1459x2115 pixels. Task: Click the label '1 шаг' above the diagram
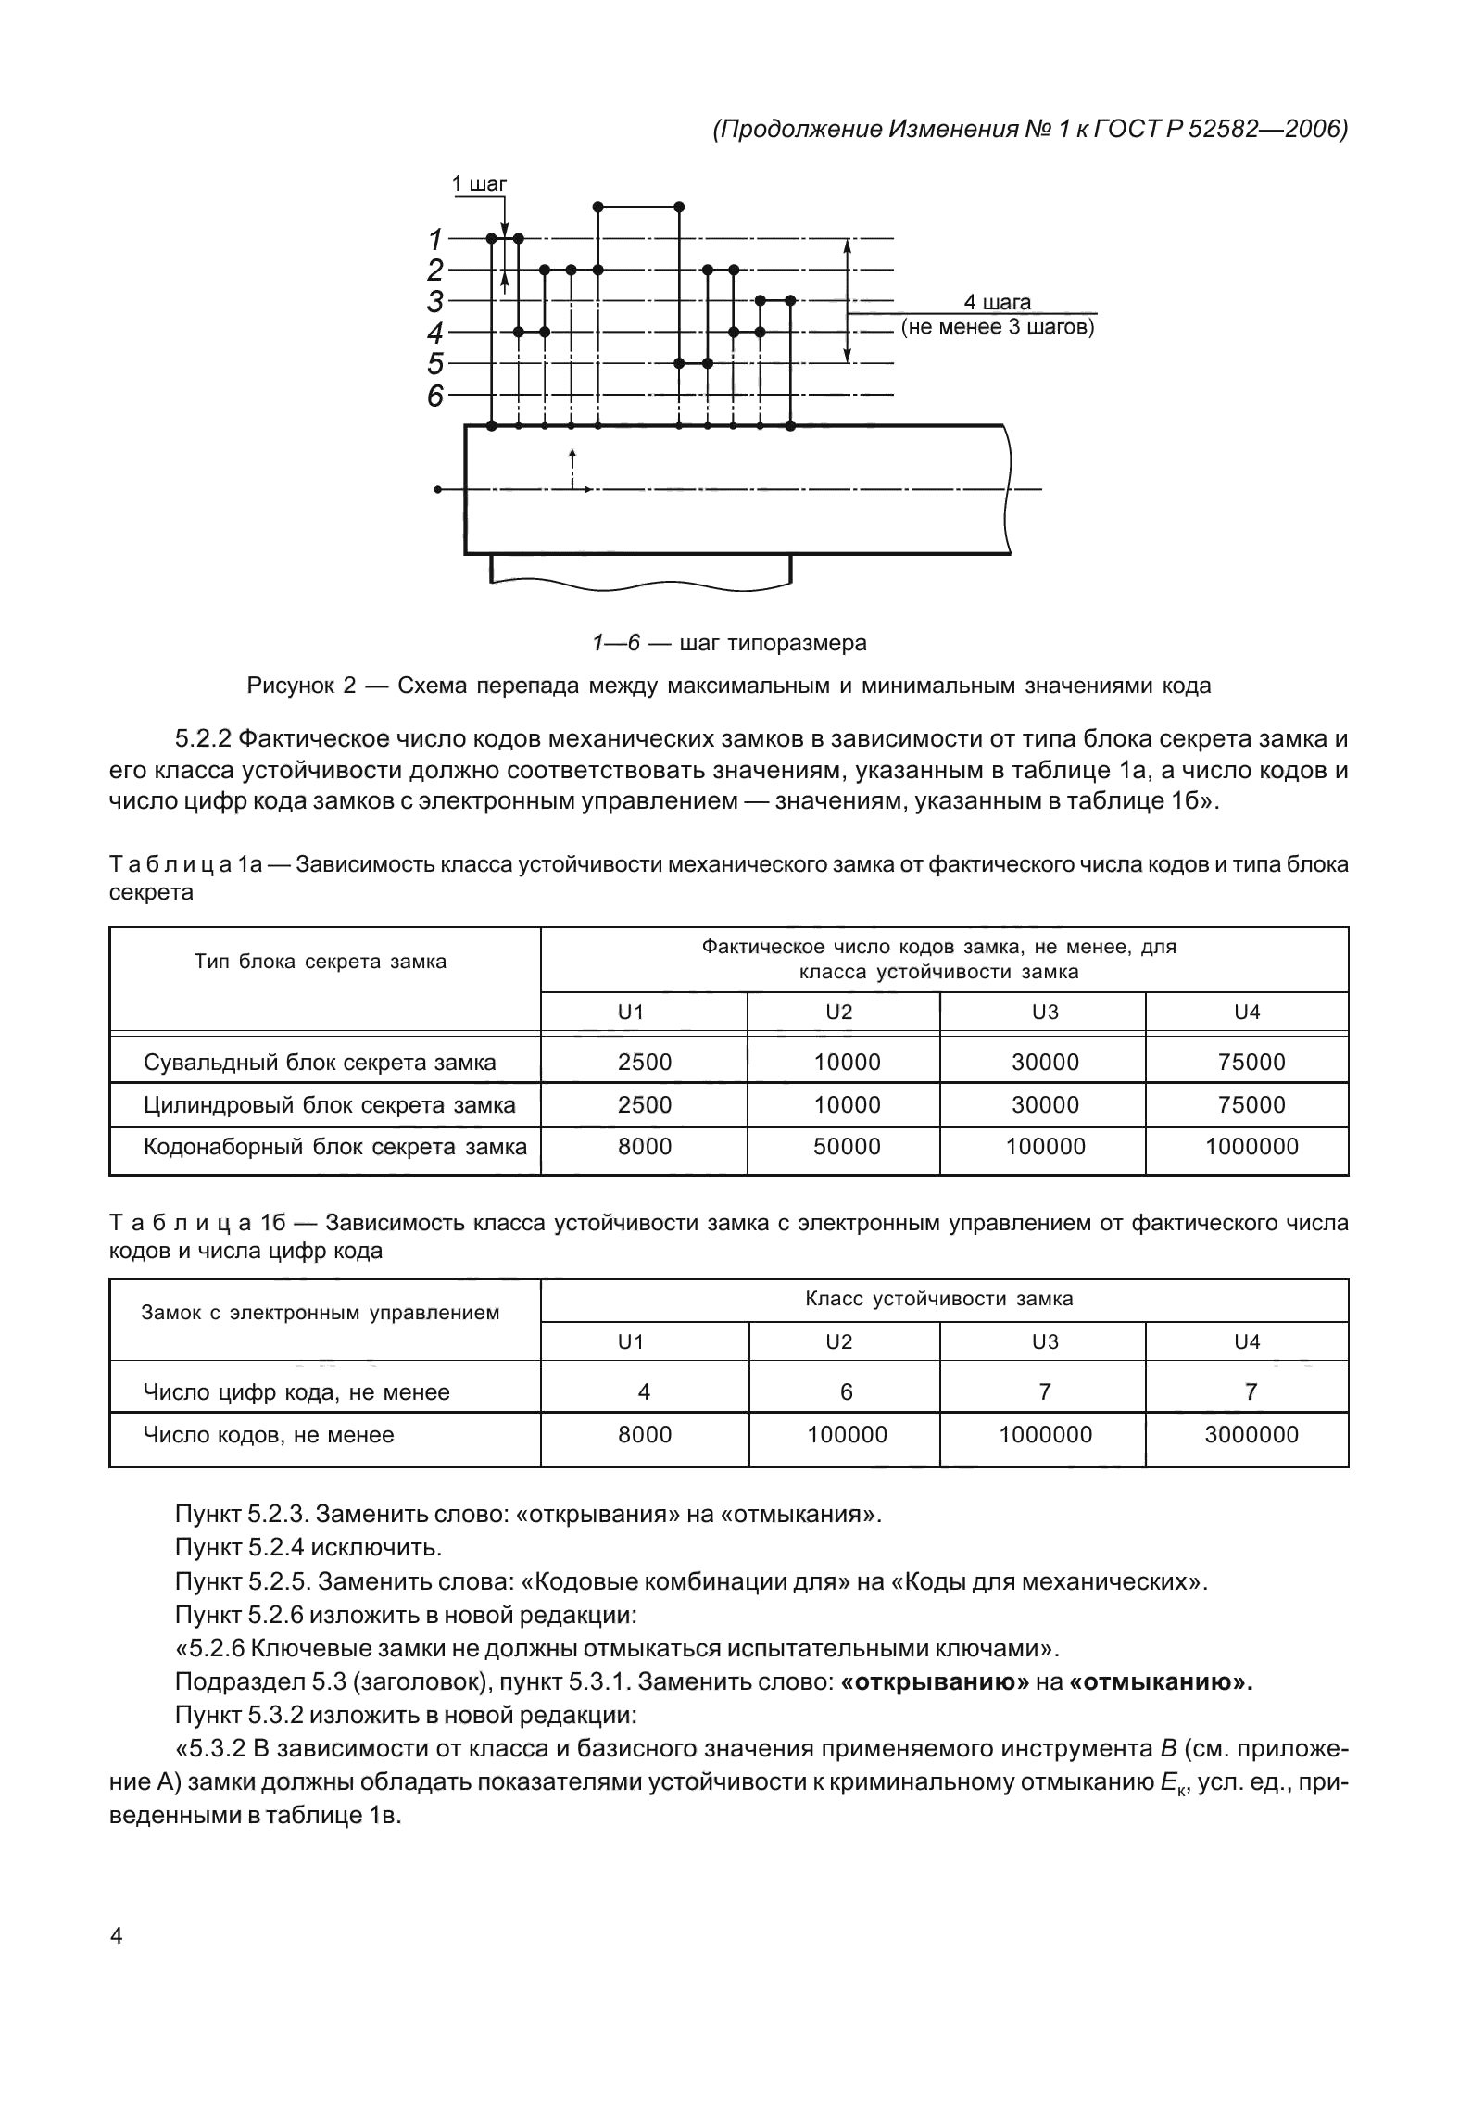[479, 183]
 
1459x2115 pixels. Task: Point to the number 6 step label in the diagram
[434, 397]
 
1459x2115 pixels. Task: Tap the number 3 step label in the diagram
[434, 301]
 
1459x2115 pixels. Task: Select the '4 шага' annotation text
[998, 302]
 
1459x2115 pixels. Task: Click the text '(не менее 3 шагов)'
[998, 328]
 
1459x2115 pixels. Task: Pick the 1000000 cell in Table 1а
[1251, 1147]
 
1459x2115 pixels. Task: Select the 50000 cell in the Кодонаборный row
[847, 1147]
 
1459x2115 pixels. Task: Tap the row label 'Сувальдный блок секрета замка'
[320, 1063]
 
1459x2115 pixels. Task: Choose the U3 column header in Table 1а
[1045, 1013]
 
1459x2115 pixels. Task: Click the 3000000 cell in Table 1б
[1251, 1435]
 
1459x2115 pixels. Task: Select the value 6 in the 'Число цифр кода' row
[846, 1392]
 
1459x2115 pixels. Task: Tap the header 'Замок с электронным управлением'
[320, 1313]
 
